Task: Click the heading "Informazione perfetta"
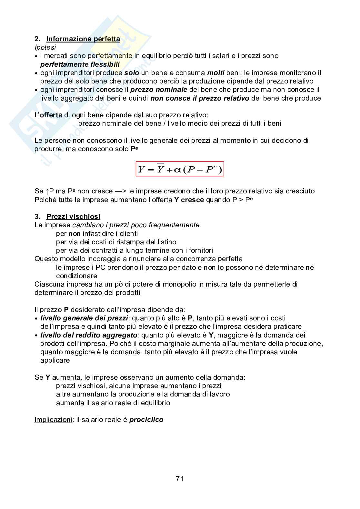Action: pyautogui.click(x=83, y=39)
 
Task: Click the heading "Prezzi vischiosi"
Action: pyautogui.click(x=74, y=217)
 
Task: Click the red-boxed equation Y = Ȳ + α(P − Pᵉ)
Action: pyautogui.click(x=180, y=169)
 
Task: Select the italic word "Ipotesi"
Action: pyautogui.click(x=45, y=47)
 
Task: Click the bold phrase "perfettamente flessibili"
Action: pyautogui.click(x=80, y=64)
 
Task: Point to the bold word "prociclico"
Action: pyautogui.click(x=146, y=420)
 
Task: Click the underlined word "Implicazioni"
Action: pyautogui.click(x=53, y=420)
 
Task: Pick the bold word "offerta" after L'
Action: pyautogui.click(x=51, y=115)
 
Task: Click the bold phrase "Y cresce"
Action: pyautogui.click(x=189, y=200)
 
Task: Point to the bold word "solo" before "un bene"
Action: pyautogui.click(x=132, y=73)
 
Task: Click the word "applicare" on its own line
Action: pyautogui.click(x=55, y=360)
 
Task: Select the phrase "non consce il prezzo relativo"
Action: pyautogui.click(x=200, y=98)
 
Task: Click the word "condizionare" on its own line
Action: pyautogui.click(x=76, y=276)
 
